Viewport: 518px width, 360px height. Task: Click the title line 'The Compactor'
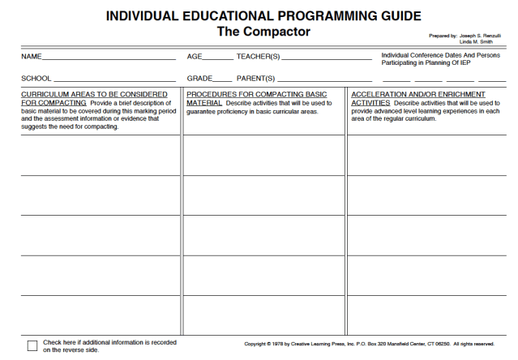(x=263, y=32)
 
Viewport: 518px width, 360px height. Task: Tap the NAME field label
(x=30, y=57)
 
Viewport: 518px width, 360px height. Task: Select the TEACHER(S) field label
(x=258, y=57)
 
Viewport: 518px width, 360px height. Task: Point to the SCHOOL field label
(x=36, y=79)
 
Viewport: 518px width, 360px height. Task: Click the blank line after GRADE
(x=222, y=80)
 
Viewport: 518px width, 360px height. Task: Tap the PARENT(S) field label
(x=256, y=79)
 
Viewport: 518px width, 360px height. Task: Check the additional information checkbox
(x=32, y=346)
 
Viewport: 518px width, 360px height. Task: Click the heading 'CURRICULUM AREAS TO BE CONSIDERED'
(x=94, y=95)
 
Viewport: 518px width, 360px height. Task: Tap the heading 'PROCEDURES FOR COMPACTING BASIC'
(x=257, y=95)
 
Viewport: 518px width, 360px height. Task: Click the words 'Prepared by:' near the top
(x=443, y=36)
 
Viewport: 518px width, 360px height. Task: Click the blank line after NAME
(x=109, y=58)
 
